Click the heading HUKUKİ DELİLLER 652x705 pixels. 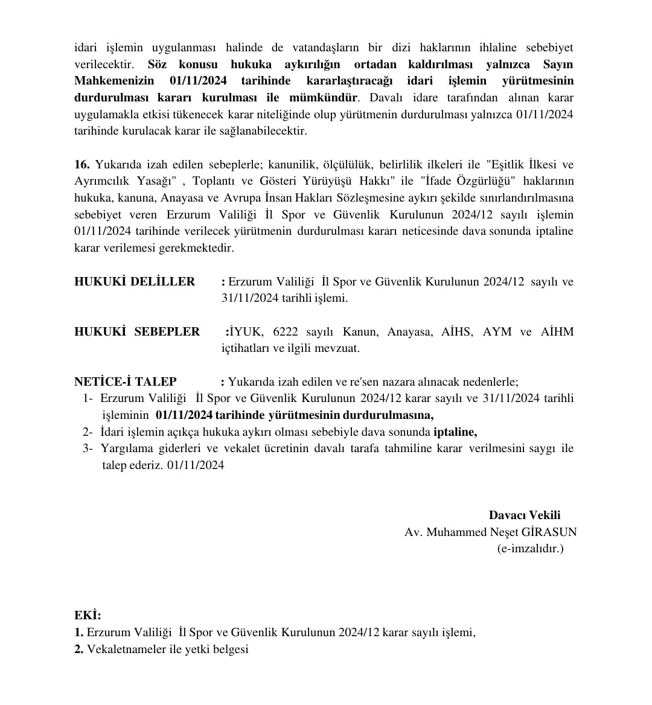click(135, 281)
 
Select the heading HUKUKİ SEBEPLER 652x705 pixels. click(137, 331)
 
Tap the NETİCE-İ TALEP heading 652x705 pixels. click(126, 381)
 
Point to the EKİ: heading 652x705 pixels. click(88, 615)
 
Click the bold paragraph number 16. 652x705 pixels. click(82, 164)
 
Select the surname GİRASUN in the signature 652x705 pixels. click(549, 532)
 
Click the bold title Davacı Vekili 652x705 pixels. click(524, 515)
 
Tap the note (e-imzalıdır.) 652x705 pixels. click(530, 549)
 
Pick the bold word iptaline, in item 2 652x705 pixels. click(455, 432)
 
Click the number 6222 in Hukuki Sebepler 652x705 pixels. click(286, 331)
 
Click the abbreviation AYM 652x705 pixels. click(496, 331)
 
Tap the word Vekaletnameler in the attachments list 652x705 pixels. click(124, 649)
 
